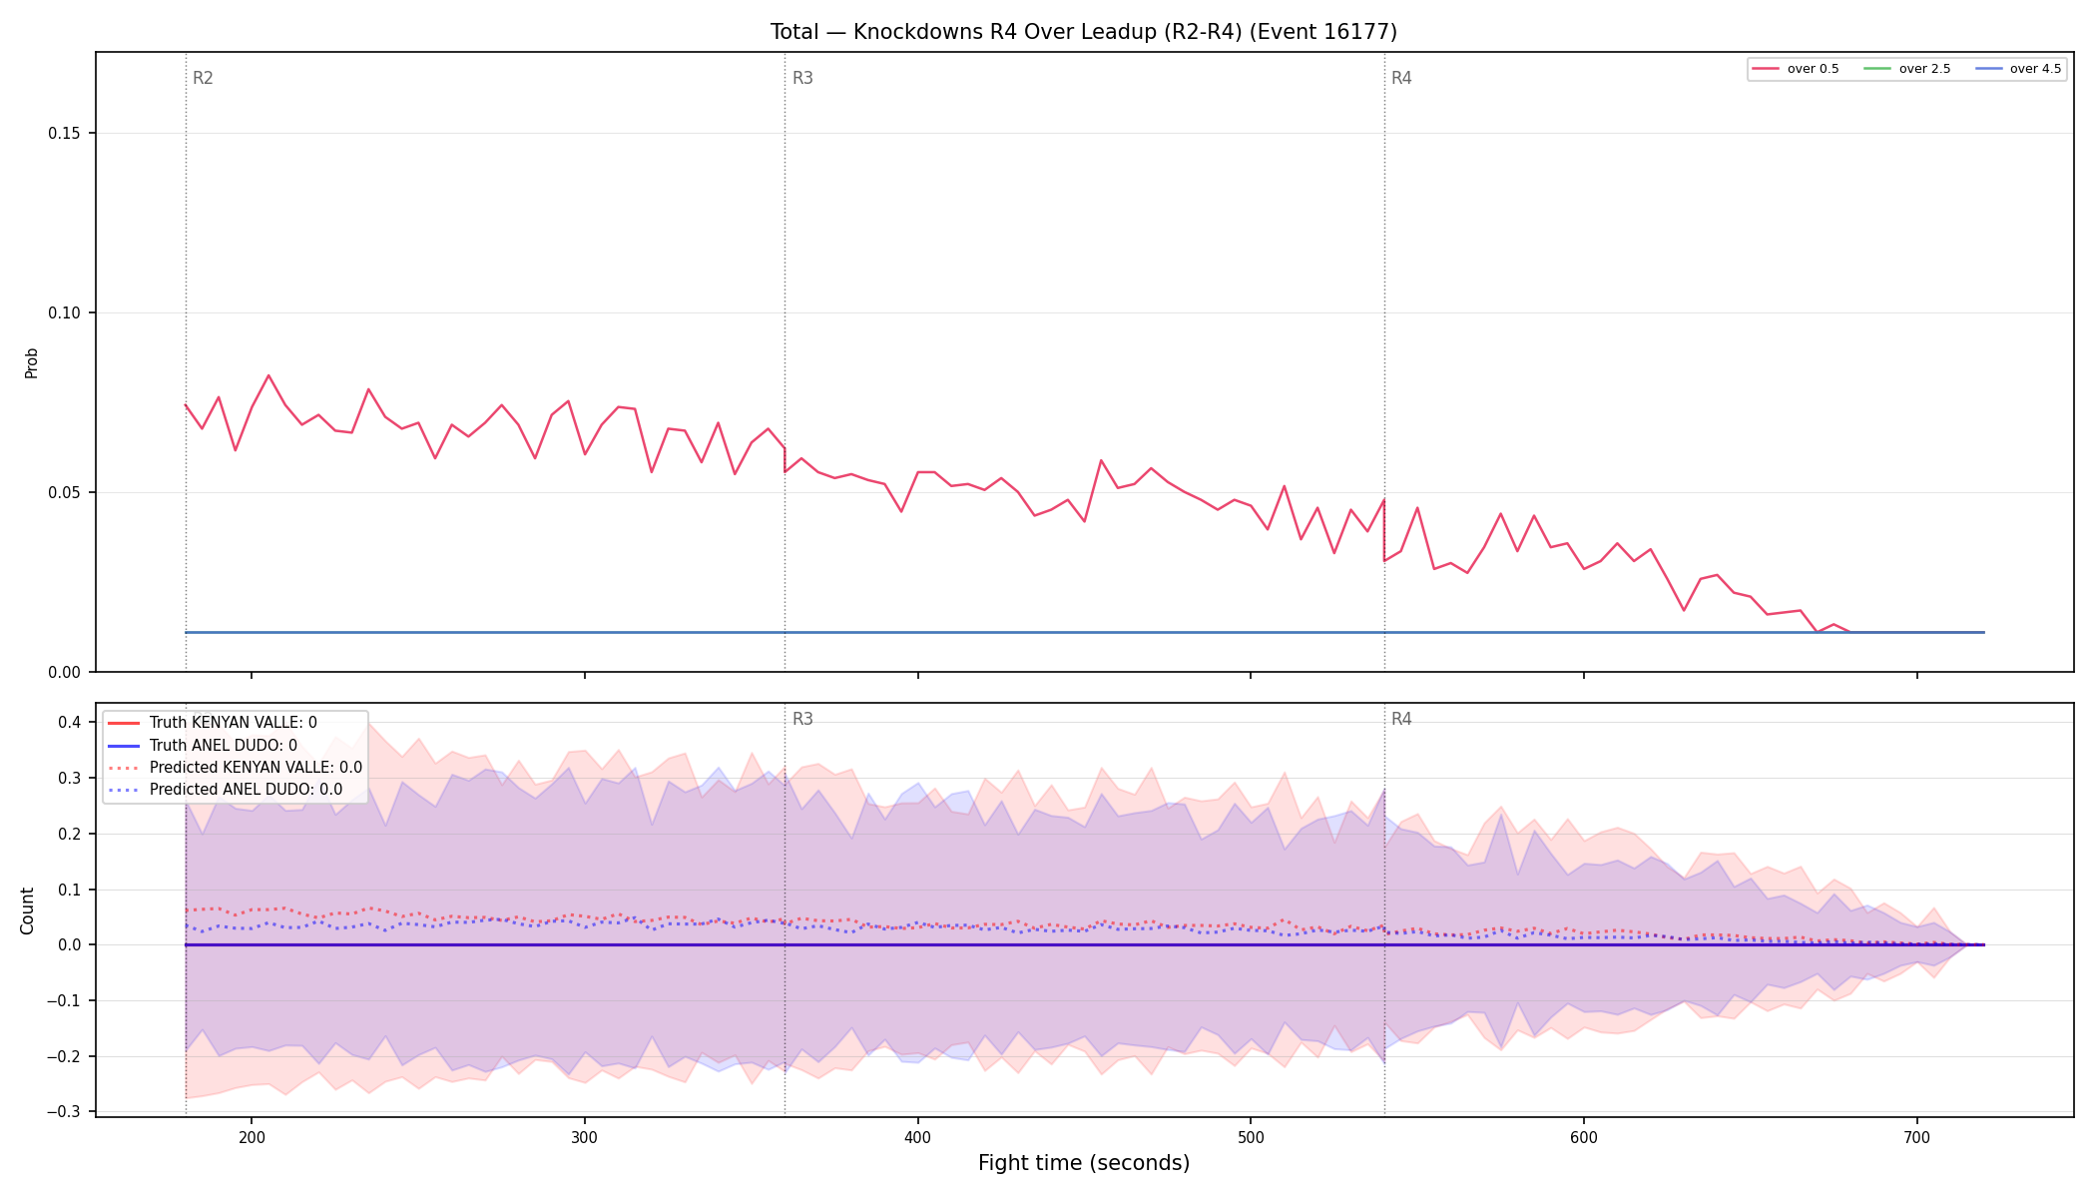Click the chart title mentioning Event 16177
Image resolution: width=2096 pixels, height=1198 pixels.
(1083, 32)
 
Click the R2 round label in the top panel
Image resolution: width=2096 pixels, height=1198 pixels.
(203, 78)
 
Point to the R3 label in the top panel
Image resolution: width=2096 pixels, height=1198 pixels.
(802, 78)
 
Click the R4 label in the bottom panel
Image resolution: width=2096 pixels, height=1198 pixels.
(1401, 719)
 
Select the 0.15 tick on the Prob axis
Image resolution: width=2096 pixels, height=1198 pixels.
(65, 134)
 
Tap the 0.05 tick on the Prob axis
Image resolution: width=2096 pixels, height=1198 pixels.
(65, 493)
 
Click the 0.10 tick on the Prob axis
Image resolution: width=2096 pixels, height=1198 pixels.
(65, 313)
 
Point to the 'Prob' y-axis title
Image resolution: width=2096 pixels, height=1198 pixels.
(31, 362)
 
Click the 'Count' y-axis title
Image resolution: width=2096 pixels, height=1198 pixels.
(27, 910)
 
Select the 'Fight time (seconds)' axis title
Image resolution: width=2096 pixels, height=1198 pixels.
(1084, 1163)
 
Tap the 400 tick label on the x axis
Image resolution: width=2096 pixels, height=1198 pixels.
(917, 1137)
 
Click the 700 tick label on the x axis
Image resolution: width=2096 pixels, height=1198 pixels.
(1916, 1137)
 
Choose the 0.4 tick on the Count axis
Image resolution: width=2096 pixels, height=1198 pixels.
(69, 723)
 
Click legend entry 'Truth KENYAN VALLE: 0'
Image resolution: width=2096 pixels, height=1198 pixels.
(234, 723)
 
